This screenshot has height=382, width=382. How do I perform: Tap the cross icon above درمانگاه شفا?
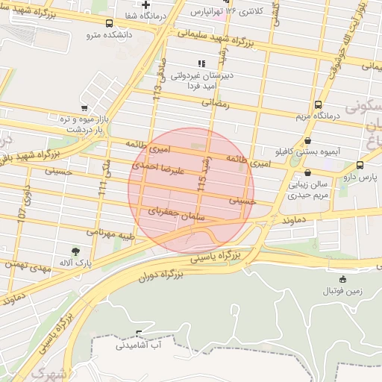[146, 5]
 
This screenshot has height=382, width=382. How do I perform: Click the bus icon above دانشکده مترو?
[110, 23]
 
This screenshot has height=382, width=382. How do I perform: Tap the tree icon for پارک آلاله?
[75, 251]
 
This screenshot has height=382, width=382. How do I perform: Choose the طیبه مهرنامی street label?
[110, 234]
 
